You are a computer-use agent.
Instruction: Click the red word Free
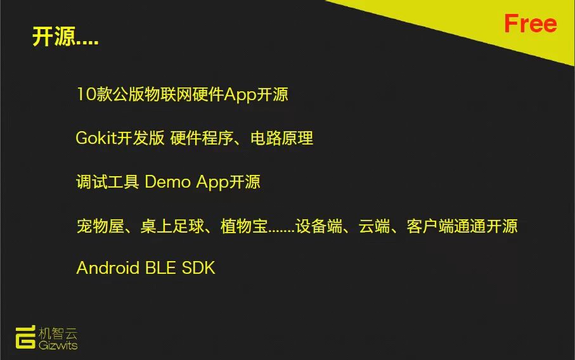530,23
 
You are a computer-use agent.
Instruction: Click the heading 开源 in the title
54,36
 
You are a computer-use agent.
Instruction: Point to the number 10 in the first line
86,94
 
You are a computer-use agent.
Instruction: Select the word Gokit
96,138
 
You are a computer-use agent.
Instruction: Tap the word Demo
167,181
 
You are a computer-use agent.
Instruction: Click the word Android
108,267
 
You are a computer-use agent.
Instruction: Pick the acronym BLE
160,267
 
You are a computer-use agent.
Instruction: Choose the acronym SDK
198,267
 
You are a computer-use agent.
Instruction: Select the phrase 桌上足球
172,226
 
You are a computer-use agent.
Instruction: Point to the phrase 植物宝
244,226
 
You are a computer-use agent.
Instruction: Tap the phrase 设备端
319,226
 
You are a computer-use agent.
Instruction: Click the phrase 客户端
430,226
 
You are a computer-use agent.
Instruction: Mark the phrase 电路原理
281,138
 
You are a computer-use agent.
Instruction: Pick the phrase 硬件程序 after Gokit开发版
202,138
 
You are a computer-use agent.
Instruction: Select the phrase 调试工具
107,182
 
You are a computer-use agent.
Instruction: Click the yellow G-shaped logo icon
25,337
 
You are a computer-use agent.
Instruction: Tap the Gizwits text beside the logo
58,345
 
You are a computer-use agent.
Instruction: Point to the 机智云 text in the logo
58,333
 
